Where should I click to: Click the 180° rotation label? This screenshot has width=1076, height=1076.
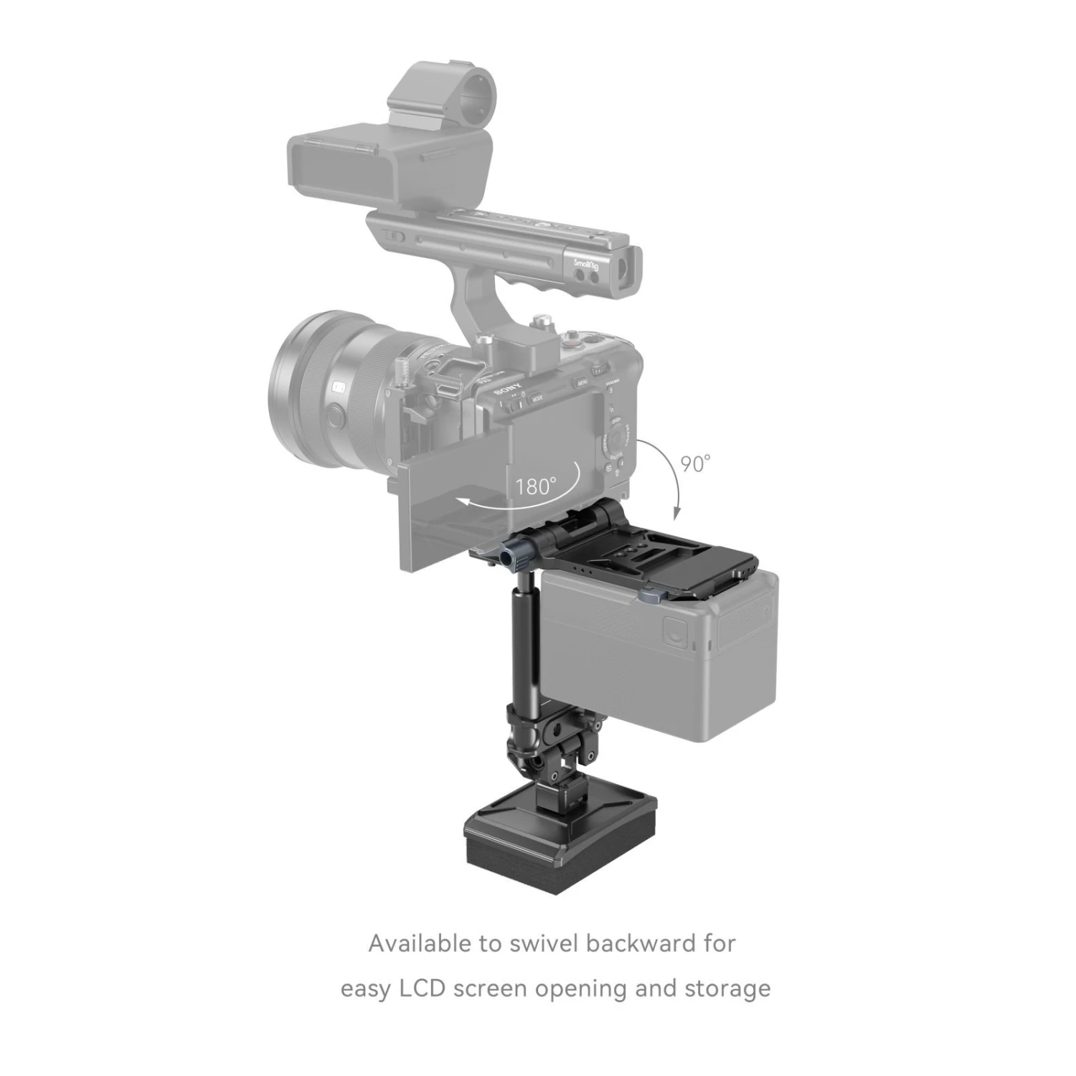[x=536, y=486]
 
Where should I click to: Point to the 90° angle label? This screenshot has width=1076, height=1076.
[x=695, y=463]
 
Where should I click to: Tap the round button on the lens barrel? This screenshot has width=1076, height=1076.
[x=334, y=414]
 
